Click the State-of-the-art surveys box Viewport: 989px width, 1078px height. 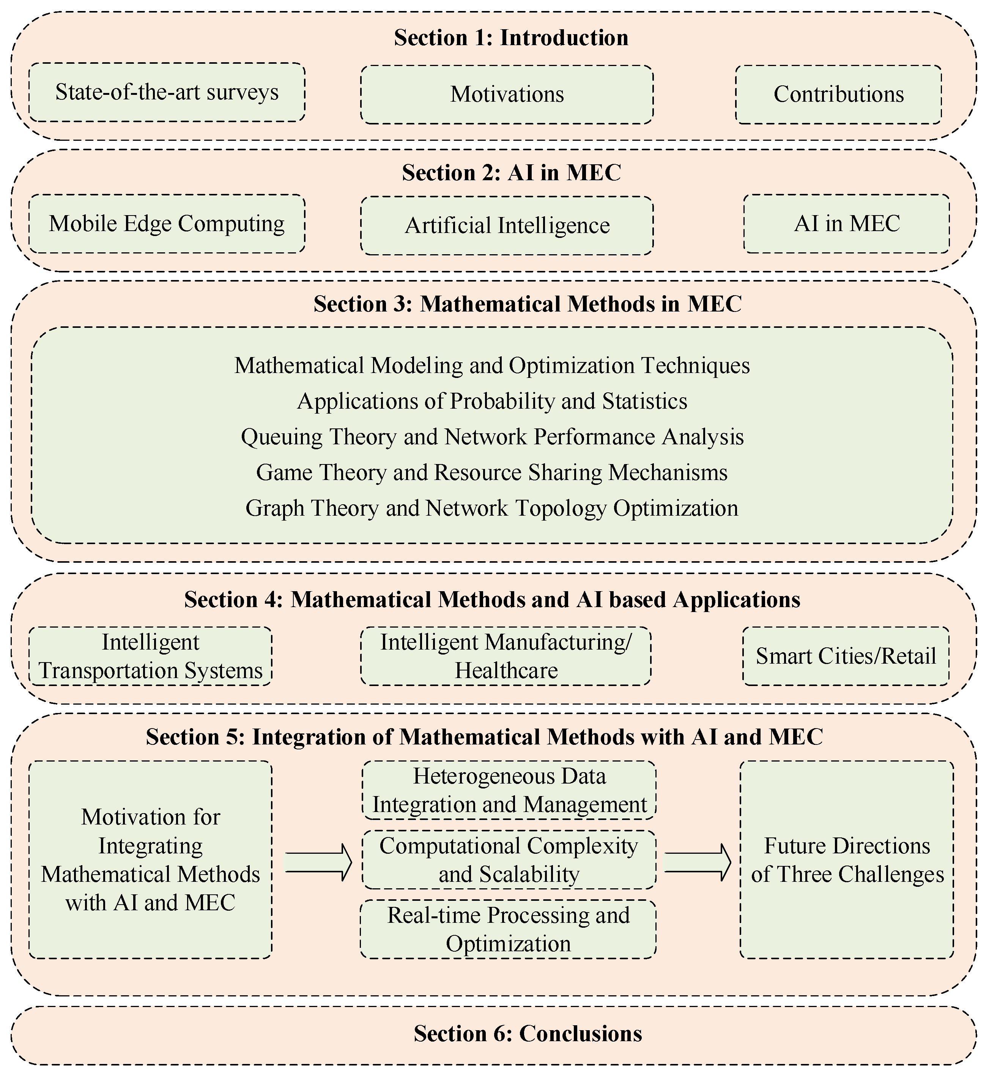(167, 93)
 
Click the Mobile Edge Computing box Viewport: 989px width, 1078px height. (167, 223)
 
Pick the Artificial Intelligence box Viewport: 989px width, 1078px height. (507, 226)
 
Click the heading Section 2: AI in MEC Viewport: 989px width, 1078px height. (511, 173)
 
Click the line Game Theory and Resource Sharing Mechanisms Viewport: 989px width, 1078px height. (492, 473)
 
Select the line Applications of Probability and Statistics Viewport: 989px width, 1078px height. (492, 401)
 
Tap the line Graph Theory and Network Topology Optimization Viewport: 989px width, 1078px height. (492, 508)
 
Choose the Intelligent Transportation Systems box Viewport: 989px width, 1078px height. (150, 656)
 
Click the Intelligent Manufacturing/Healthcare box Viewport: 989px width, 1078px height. (506, 656)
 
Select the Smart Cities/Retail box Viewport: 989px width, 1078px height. (846, 656)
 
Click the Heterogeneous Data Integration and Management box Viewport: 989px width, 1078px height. (509, 790)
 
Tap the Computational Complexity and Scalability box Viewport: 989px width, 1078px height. (509, 860)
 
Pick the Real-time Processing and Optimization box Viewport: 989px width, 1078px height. (508, 929)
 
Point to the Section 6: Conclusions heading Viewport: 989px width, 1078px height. (528, 1034)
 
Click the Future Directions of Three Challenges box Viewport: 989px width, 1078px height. (847, 860)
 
